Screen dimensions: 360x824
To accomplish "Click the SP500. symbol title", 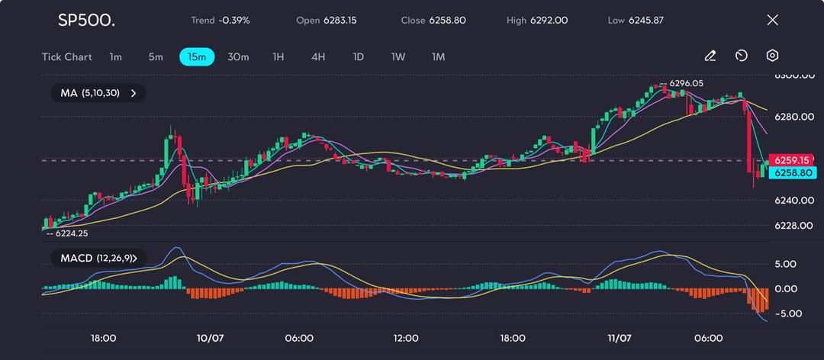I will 86,20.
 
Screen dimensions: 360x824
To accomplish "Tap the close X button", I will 772,20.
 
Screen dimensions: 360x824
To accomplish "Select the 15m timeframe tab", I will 197,56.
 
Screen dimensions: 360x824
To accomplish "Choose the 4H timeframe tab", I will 318,56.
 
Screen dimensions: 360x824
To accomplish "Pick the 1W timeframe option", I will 398,56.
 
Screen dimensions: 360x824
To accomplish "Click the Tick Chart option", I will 67,56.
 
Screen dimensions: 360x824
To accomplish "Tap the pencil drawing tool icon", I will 710,56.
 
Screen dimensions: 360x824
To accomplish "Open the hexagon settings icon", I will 772,56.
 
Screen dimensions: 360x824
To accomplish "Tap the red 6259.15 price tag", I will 791,160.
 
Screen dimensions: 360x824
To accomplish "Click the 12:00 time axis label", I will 406,338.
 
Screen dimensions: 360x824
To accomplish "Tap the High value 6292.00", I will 549,20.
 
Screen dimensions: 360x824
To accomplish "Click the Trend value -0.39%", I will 234,20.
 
